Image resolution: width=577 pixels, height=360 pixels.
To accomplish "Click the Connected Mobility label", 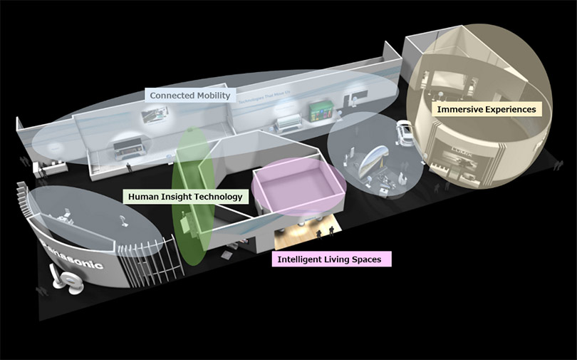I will pyautogui.click(x=190, y=96).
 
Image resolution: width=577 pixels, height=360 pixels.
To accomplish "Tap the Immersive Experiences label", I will pyautogui.click(x=487, y=109).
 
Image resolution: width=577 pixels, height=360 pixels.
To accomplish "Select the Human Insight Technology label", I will pyautogui.click(x=185, y=196).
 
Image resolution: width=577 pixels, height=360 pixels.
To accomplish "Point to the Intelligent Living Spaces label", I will pyautogui.click(x=332, y=259).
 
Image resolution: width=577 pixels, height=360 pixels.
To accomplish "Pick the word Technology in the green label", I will pyautogui.click(x=219, y=196).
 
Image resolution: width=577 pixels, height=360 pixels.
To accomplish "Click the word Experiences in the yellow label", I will pyautogui.click(x=509, y=109).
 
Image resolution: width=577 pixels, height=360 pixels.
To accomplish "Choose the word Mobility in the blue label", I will pyautogui.click(x=211, y=96).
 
